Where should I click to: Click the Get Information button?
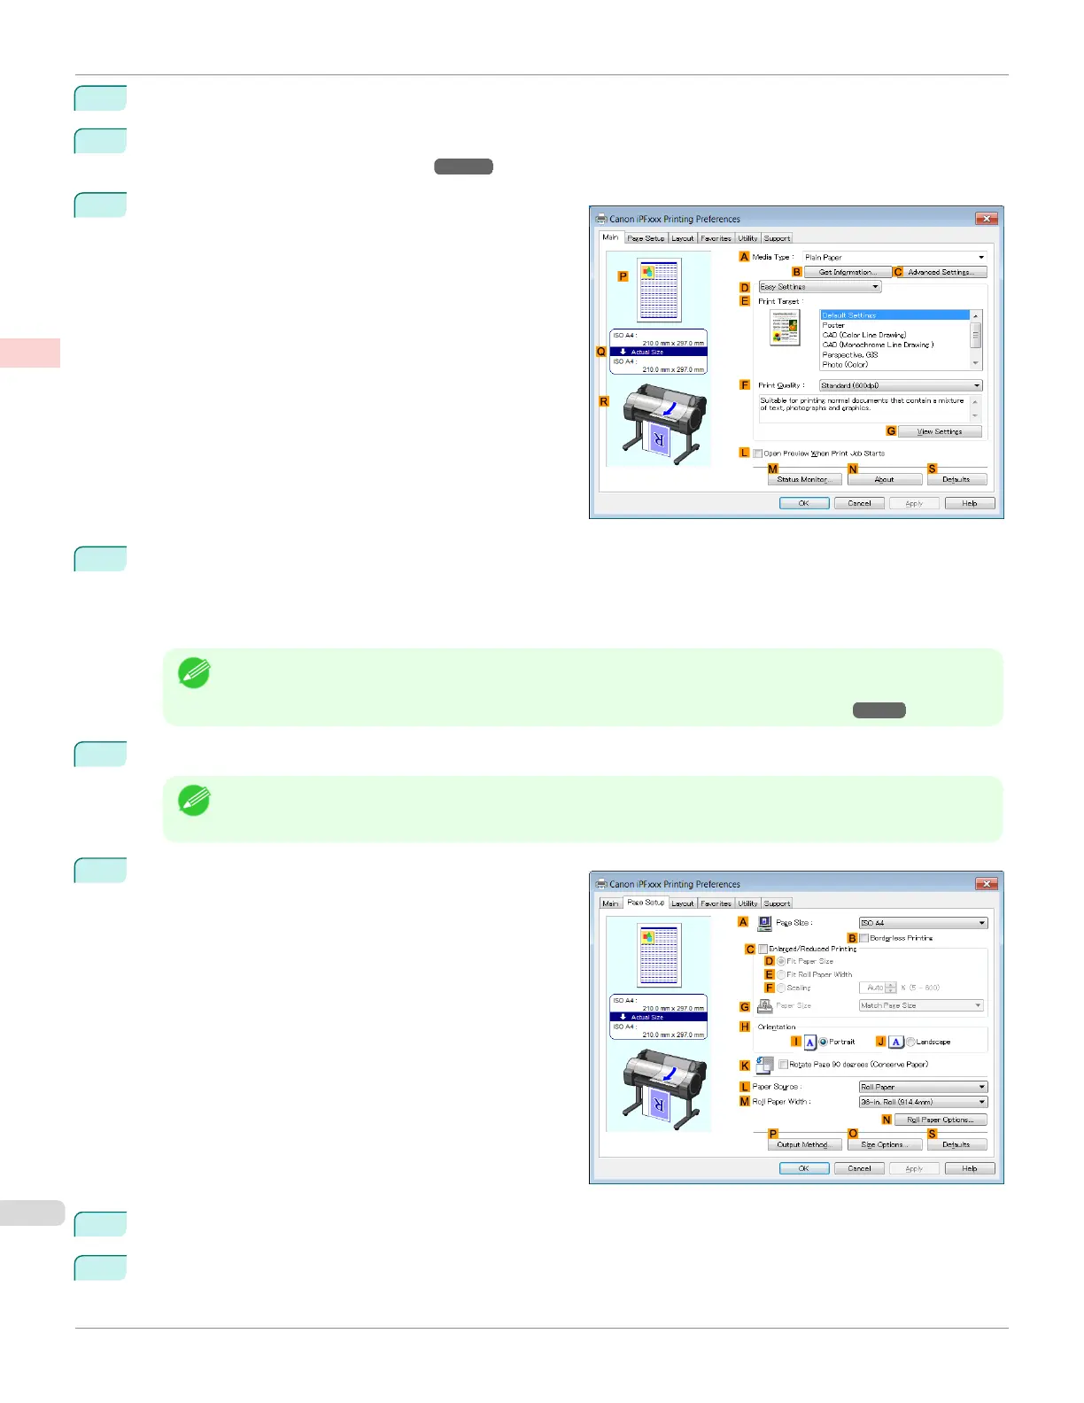click(x=848, y=272)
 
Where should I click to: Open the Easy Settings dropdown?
click(x=820, y=287)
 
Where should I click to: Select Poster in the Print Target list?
click(x=833, y=325)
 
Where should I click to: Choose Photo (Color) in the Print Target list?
click(x=845, y=364)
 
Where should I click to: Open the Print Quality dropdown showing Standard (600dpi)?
click(x=901, y=385)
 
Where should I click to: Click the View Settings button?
click(x=939, y=431)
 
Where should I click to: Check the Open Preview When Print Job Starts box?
click(x=758, y=453)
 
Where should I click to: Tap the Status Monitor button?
click(x=804, y=479)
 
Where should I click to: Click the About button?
click(x=884, y=479)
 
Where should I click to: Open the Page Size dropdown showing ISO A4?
click(x=923, y=923)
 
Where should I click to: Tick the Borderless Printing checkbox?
click(x=864, y=938)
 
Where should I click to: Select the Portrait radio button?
click(x=824, y=1042)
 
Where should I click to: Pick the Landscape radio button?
click(x=910, y=1042)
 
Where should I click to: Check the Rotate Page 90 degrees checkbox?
click(x=783, y=1065)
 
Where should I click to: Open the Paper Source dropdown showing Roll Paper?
click(x=923, y=1087)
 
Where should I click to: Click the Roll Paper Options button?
click(x=940, y=1120)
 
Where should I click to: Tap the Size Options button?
click(x=884, y=1144)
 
